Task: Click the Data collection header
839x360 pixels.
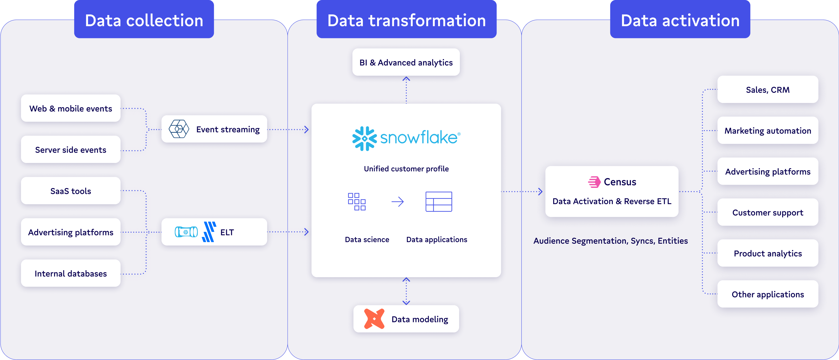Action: pyautogui.click(x=144, y=20)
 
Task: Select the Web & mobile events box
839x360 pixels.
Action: pyautogui.click(x=71, y=108)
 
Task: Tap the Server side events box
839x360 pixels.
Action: pyautogui.click(x=71, y=150)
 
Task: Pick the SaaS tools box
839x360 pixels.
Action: pyautogui.click(x=71, y=191)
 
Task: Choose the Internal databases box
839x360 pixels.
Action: pyautogui.click(x=71, y=273)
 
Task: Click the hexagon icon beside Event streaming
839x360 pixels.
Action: pyautogui.click(x=179, y=129)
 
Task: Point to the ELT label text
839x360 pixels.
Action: pyautogui.click(x=227, y=232)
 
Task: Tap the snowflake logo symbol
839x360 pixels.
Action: pyautogui.click(x=364, y=138)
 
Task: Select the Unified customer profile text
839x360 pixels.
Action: pyautogui.click(x=406, y=169)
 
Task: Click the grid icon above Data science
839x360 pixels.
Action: pyautogui.click(x=357, y=202)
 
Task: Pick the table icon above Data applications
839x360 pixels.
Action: pyautogui.click(x=439, y=202)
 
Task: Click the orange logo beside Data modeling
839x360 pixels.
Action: pyautogui.click(x=374, y=319)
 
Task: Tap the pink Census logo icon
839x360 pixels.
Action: pyautogui.click(x=594, y=182)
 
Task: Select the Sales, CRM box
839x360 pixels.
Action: pyautogui.click(x=768, y=90)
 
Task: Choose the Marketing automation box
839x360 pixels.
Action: pyautogui.click(x=768, y=131)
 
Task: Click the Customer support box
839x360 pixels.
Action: pyautogui.click(x=768, y=212)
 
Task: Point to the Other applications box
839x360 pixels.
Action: pyautogui.click(x=768, y=294)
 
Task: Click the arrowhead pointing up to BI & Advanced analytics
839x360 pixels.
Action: pyautogui.click(x=406, y=79)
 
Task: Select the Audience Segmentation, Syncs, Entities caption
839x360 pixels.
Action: pyautogui.click(x=610, y=241)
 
